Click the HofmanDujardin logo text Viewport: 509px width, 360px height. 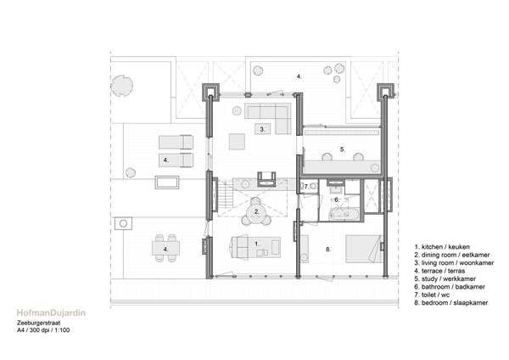coord(51,313)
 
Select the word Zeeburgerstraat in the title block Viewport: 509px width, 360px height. coord(39,323)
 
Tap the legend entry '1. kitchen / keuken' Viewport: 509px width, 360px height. coord(442,247)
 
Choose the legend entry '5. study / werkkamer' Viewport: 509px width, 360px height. coord(445,278)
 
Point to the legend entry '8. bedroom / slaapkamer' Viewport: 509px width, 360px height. coord(451,303)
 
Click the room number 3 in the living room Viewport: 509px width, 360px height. coord(262,129)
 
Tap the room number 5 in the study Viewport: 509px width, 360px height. coord(343,149)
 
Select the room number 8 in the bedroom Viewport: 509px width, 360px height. coord(328,250)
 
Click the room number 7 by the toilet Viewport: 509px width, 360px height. coord(306,187)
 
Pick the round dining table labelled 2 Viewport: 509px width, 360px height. coord(256,212)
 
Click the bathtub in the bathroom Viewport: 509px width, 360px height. coord(344,214)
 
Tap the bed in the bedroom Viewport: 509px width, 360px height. coord(364,249)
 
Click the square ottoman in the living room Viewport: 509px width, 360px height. coord(237,141)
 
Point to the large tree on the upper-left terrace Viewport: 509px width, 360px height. coord(121,86)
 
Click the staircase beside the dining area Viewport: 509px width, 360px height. coord(226,196)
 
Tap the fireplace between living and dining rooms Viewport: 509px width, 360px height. coord(266,179)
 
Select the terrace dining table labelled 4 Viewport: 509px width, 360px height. coord(165,248)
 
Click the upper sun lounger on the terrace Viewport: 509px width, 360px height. coord(176,143)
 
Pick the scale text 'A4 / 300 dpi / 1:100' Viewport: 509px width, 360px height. coord(43,330)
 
